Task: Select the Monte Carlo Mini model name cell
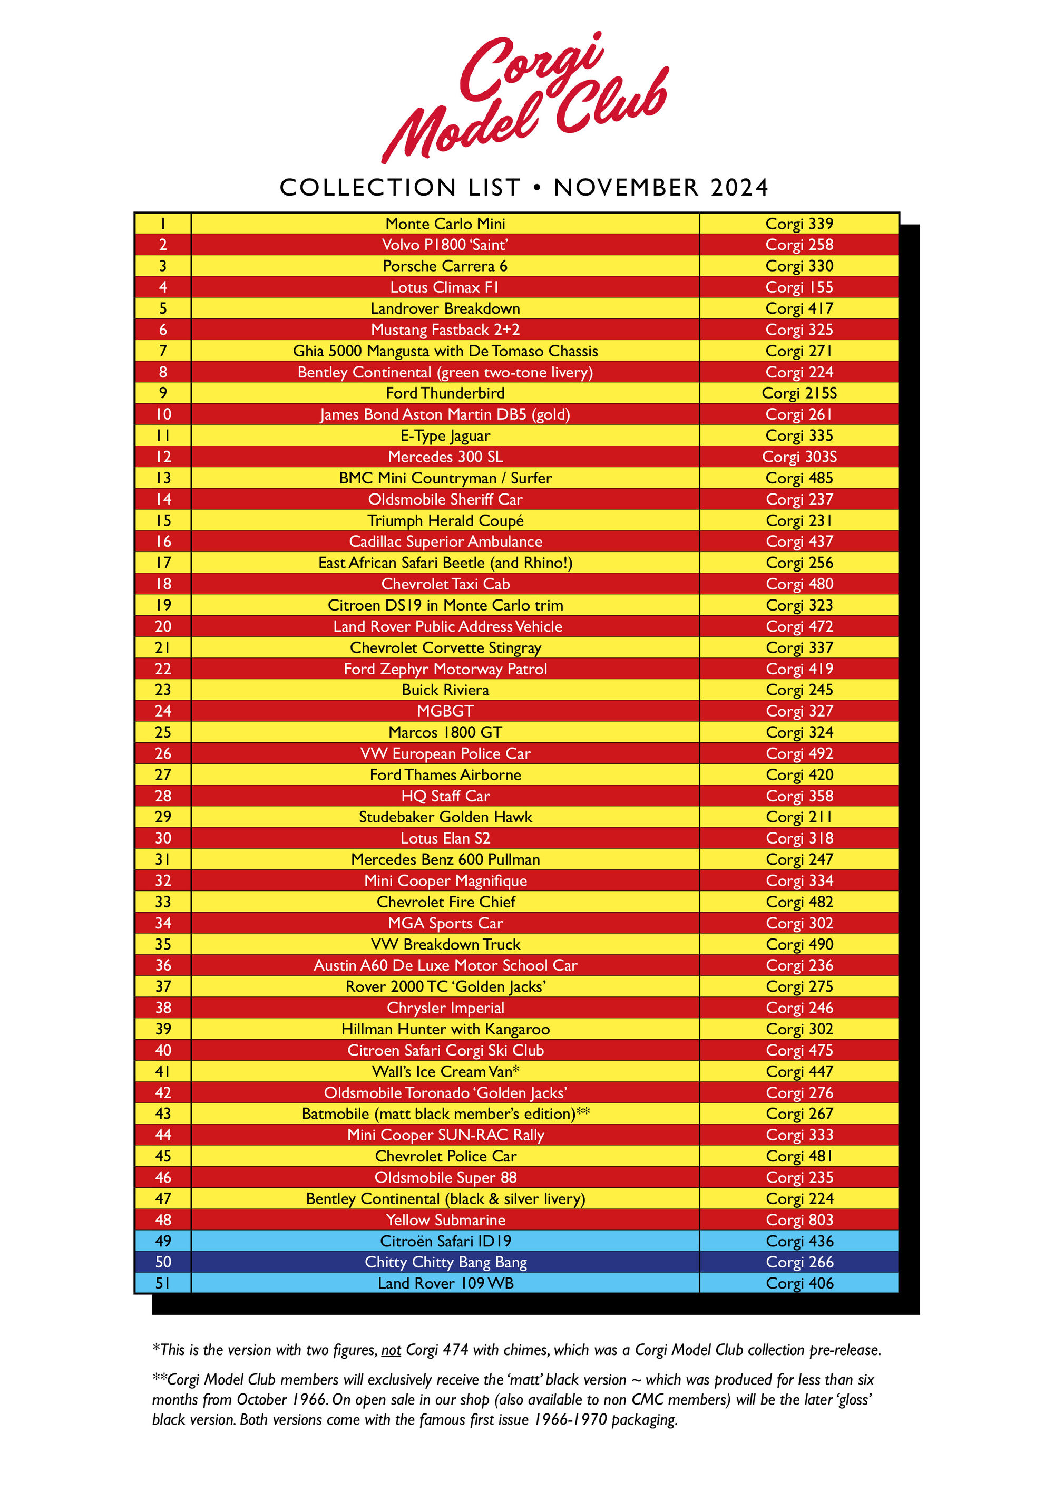click(445, 224)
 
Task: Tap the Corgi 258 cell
click(799, 245)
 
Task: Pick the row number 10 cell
click(163, 414)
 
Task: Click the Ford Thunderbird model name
click(445, 393)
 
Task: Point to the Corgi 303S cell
click(799, 457)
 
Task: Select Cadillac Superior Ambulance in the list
click(445, 541)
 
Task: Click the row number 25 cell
click(163, 732)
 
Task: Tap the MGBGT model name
click(445, 711)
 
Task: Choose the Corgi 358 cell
click(799, 796)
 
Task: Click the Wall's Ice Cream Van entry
click(445, 1071)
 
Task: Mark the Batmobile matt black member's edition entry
click(445, 1114)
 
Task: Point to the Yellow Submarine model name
click(445, 1219)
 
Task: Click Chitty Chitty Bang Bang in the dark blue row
click(445, 1262)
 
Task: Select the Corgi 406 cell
click(799, 1283)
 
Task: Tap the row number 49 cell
click(163, 1241)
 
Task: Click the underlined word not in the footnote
click(391, 1350)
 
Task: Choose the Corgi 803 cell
click(799, 1219)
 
